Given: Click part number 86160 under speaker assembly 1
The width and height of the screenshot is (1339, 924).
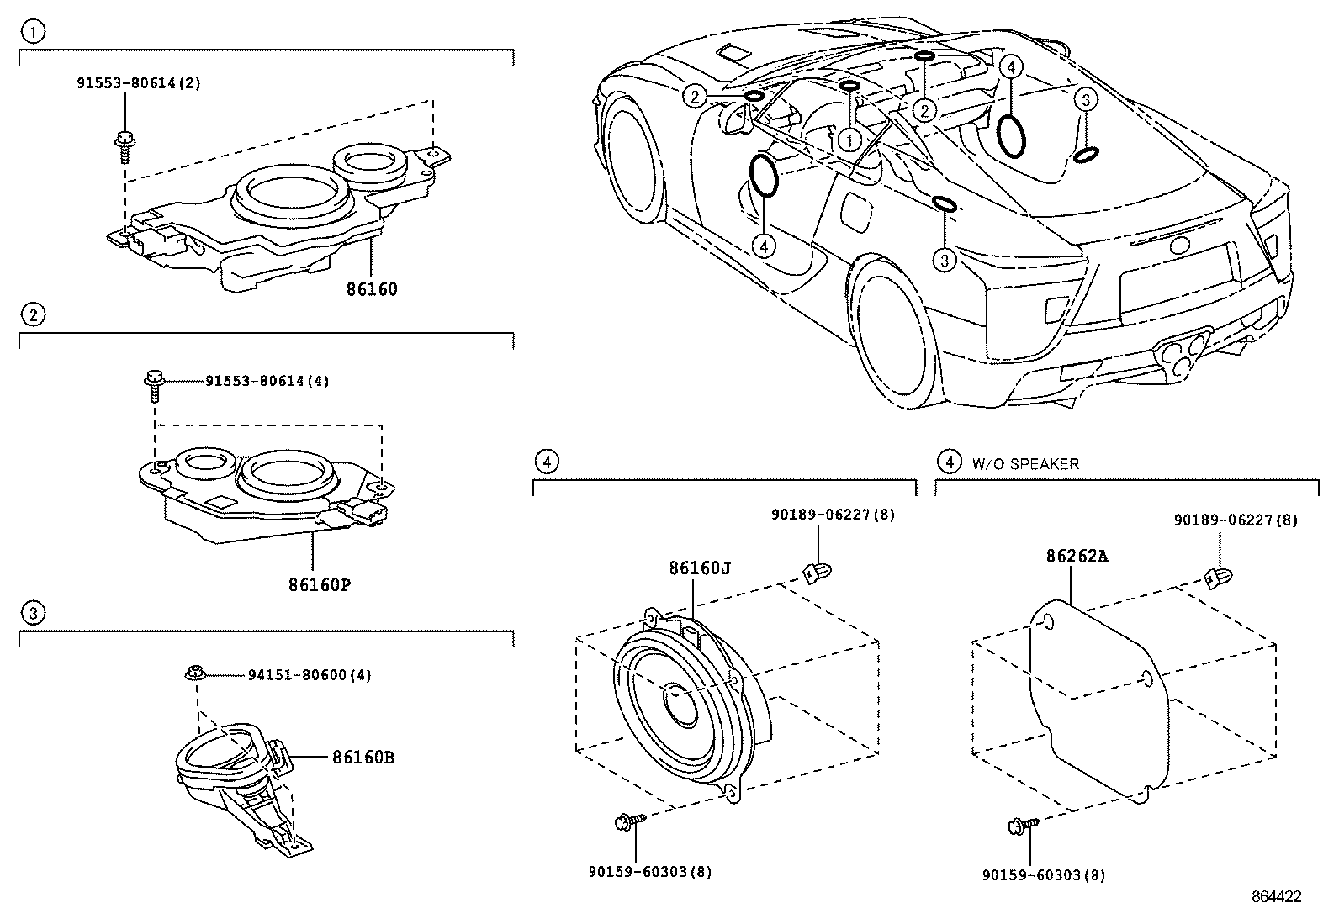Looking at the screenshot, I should pos(371,289).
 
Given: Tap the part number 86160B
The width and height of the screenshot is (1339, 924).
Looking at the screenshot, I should pos(363,757).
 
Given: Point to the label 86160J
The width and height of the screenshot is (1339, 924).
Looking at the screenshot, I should pos(699,568).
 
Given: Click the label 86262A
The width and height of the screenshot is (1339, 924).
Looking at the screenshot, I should pos(1077,557).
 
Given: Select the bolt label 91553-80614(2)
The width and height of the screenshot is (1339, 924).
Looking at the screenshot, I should pos(139,83).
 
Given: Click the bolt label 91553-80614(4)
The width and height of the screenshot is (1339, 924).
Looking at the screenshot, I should pos(267,381).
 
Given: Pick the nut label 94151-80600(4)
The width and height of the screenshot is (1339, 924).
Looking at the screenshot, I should pos(310,675).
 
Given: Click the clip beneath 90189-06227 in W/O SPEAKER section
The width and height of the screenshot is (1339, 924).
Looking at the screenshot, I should pos(1215,578).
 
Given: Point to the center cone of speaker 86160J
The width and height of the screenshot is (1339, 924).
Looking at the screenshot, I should pos(679,700).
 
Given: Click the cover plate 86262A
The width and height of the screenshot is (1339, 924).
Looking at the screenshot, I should pos(1093,698).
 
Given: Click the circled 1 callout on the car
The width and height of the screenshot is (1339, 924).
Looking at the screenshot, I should pos(849,140).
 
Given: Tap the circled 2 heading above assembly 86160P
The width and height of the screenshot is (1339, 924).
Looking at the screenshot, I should pos(33,315).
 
